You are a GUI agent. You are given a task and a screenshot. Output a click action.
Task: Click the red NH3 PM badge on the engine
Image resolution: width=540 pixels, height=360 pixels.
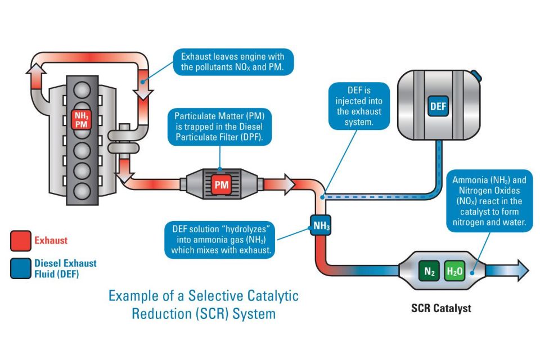point(81,120)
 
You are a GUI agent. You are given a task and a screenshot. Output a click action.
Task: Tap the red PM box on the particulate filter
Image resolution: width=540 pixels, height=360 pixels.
point(221,185)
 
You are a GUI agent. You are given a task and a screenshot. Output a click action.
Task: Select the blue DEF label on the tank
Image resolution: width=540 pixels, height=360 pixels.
point(438,106)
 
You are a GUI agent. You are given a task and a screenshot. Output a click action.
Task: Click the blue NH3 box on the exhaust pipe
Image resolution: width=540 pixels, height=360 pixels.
point(321,226)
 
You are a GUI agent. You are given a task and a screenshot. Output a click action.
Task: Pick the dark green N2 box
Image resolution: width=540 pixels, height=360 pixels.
point(429,271)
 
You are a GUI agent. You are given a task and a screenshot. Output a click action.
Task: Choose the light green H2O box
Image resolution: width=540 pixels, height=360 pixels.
point(454,271)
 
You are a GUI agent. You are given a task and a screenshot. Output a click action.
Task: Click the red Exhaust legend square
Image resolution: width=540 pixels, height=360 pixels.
point(21,240)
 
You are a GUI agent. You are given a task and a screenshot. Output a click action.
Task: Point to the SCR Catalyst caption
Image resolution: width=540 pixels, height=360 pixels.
point(441,308)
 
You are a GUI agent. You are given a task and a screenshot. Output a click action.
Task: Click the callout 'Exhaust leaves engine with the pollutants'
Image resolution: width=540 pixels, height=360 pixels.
point(233,62)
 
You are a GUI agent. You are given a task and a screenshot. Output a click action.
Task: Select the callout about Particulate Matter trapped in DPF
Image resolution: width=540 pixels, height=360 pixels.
point(220,127)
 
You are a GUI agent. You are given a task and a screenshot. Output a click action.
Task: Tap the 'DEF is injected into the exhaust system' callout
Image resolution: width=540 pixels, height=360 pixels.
point(359,106)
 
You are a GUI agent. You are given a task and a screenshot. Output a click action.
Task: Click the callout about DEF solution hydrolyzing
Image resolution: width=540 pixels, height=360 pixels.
point(220,240)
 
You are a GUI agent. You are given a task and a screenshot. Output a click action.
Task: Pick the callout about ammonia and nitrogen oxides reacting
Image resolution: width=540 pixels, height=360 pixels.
point(489,201)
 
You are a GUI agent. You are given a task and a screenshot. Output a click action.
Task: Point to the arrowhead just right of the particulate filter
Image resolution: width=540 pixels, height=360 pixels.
point(289,184)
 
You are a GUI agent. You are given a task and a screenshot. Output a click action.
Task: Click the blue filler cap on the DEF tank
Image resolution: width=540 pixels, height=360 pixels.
point(476,75)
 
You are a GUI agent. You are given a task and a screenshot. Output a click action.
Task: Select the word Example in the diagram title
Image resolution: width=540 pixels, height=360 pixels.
point(133,295)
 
